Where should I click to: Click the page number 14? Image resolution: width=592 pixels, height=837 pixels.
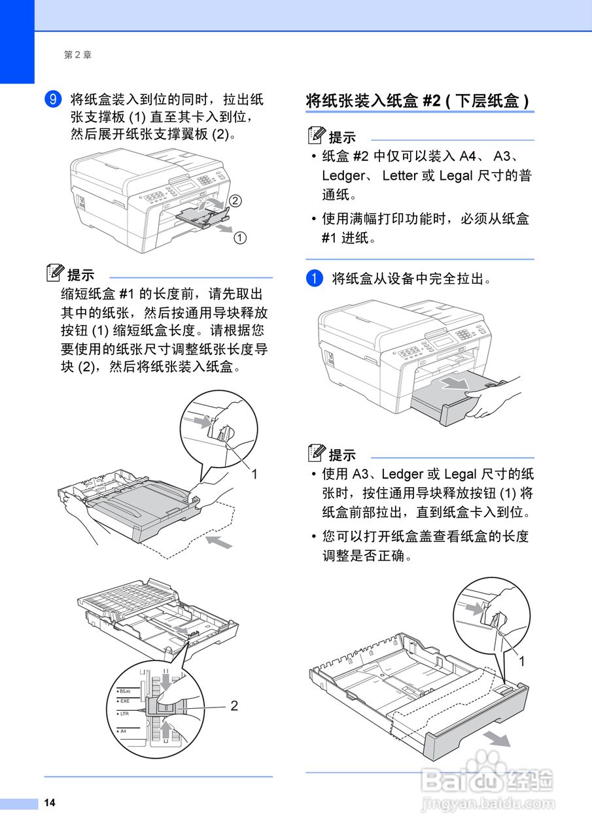(x=50, y=803)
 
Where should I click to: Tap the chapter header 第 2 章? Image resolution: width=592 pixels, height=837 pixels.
(x=78, y=55)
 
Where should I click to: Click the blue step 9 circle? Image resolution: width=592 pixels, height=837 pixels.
(x=53, y=99)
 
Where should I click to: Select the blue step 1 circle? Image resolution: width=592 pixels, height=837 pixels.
(x=315, y=279)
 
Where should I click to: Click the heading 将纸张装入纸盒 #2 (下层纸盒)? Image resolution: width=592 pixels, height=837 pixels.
(x=418, y=101)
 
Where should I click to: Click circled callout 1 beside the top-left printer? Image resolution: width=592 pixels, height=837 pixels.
(x=240, y=238)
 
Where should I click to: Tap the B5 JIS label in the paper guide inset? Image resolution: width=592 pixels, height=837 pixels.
(x=124, y=691)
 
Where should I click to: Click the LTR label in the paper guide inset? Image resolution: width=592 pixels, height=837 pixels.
(x=123, y=713)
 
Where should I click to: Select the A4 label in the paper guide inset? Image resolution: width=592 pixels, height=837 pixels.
(x=122, y=730)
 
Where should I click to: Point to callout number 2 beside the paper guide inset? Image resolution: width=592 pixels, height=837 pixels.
(x=234, y=706)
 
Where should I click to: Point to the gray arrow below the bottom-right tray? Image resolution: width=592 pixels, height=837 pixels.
(x=497, y=738)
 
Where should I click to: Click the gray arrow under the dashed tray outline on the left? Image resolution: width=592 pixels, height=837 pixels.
(x=218, y=541)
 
